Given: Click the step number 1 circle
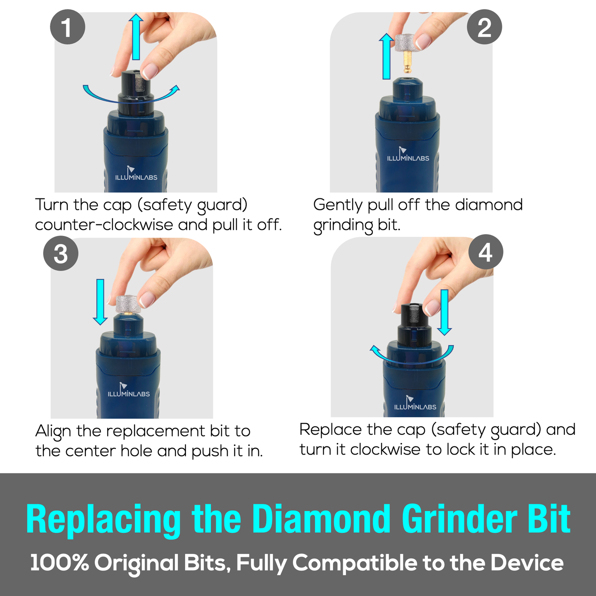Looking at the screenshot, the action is click(67, 27).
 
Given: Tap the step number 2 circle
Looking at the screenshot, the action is click(484, 27).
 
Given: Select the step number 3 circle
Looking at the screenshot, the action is click(61, 253).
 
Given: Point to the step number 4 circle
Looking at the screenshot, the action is click(485, 252).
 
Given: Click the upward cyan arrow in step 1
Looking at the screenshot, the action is click(136, 37).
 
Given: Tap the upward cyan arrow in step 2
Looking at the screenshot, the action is click(386, 56).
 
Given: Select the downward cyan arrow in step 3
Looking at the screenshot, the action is click(100, 302).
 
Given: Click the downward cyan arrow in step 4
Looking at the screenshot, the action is click(445, 312).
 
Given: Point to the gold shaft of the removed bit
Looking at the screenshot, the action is click(408, 62).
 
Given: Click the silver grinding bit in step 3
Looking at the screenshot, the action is click(128, 304).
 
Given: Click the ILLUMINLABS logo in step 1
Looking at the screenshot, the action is click(136, 173).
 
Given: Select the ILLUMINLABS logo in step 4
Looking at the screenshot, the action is click(415, 403).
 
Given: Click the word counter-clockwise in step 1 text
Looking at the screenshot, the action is click(104, 224).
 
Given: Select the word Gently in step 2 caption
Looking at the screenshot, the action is click(338, 205).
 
